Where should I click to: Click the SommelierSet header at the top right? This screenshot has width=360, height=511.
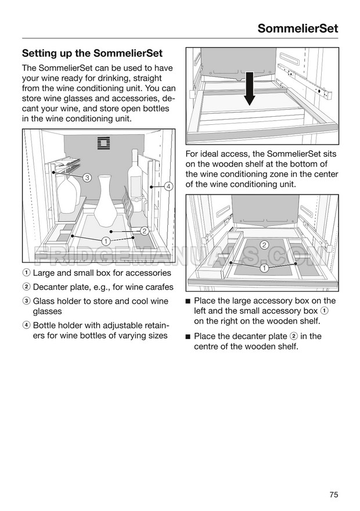(297, 28)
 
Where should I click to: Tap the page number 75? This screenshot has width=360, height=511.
(333, 478)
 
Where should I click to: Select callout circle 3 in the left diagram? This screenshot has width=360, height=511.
(87, 177)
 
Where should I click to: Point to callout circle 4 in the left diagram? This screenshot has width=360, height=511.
(168, 186)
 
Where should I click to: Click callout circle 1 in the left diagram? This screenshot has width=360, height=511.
(106, 240)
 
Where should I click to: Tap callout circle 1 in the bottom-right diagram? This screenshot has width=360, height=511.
(264, 268)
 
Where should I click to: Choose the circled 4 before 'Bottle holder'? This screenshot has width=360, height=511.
(26, 325)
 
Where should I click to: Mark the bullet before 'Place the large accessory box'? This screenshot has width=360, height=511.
(188, 301)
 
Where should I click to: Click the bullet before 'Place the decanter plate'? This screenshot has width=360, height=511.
(188, 336)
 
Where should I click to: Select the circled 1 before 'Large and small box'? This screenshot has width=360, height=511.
(26, 273)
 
